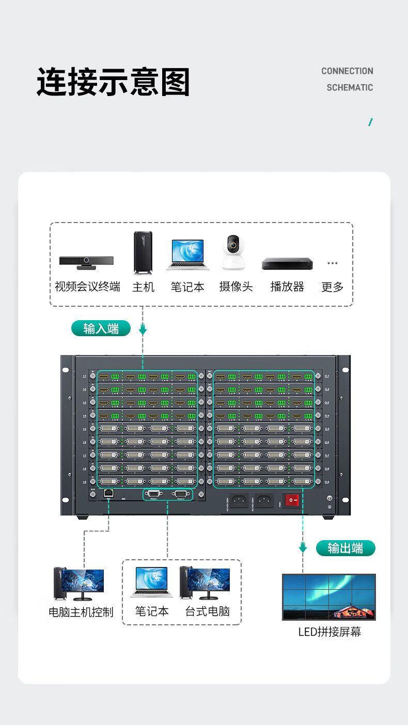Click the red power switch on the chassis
[x=292, y=500]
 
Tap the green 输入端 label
[x=101, y=328]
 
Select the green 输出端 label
[x=345, y=548]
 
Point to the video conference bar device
[x=86, y=262]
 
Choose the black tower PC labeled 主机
[x=143, y=253]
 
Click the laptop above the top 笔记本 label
[x=187, y=255]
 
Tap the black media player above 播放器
[x=287, y=263]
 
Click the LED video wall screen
[x=329, y=596]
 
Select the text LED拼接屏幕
[x=329, y=632]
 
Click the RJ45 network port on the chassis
[x=108, y=493]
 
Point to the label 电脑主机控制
[x=81, y=612]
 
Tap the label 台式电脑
[x=208, y=611]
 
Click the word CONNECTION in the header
[x=347, y=71]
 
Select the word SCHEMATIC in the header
[x=350, y=88]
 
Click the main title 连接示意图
[x=114, y=82]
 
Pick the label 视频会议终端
[x=87, y=287]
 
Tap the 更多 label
[x=332, y=287]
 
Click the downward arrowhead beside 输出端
[x=303, y=548]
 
